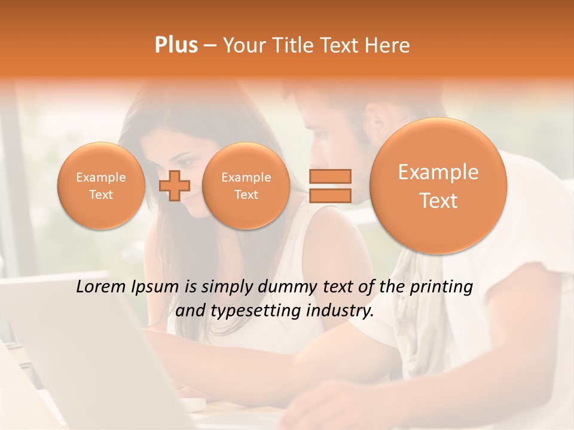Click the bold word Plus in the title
tap(176, 45)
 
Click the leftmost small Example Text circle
tap(100, 186)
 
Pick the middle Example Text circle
tap(246, 186)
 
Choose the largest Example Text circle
tap(438, 186)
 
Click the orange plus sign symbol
tap(174, 185)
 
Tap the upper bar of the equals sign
tap(329, 176)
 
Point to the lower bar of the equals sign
tap(329, 195)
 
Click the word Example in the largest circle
tap(438, 172)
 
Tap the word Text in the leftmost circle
tap(100, 195)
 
